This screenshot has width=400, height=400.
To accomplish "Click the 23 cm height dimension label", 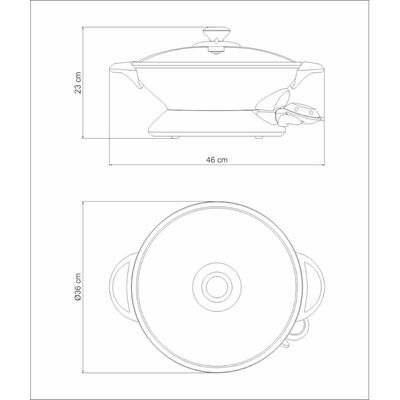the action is click(78, 82).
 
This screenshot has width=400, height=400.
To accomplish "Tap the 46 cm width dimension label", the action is click(217, 159).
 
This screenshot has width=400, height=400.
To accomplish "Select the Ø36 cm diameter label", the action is click(78, 287).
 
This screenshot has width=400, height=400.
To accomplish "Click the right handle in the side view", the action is click(307, 72).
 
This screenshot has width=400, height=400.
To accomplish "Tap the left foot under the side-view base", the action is click(174, 137).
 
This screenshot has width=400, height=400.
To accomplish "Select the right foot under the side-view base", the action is click(258, 137).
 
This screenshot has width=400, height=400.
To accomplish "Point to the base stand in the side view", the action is click(216, 123).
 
